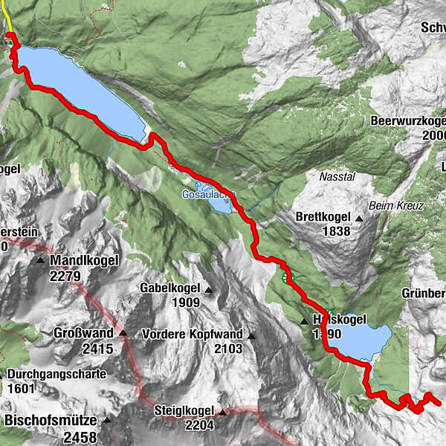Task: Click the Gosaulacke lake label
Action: click(209, 194)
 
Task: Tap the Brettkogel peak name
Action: click(323, 218)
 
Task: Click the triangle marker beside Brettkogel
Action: click(359, 219)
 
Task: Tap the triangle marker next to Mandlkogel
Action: click(40, 261)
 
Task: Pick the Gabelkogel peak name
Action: click(170, 289)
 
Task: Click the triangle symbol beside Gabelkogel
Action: click(209, 290)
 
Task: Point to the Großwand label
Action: click(84, 333)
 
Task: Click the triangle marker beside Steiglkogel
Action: click(222, 411)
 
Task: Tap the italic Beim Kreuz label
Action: click(395, 205)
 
